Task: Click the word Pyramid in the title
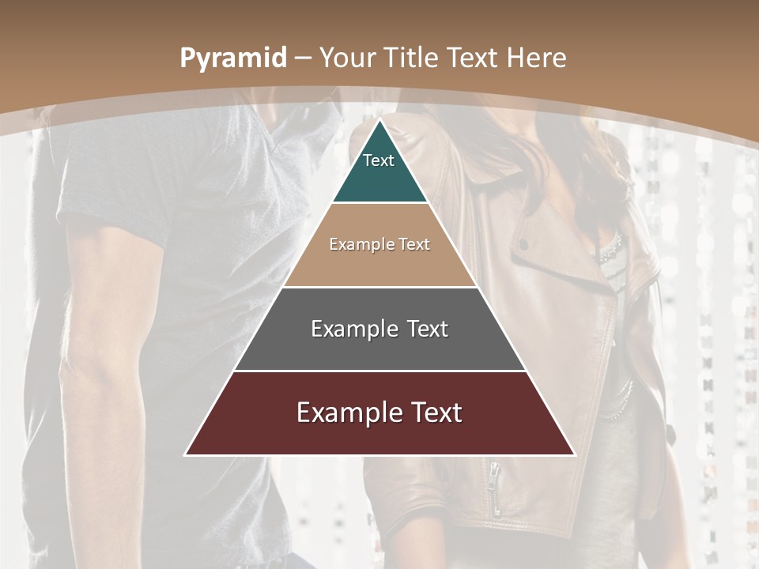click(x=232, y=58)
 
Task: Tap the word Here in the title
click(x=537, y=58)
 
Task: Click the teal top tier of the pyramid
click(x=379, y=178)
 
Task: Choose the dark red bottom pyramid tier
click(x=379, y=435)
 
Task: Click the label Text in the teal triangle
click(x=379, y=160)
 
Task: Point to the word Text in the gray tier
click(x=424, y=329)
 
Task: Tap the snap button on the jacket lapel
click(x=523, y=243)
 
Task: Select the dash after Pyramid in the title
click(x=301, y=58)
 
